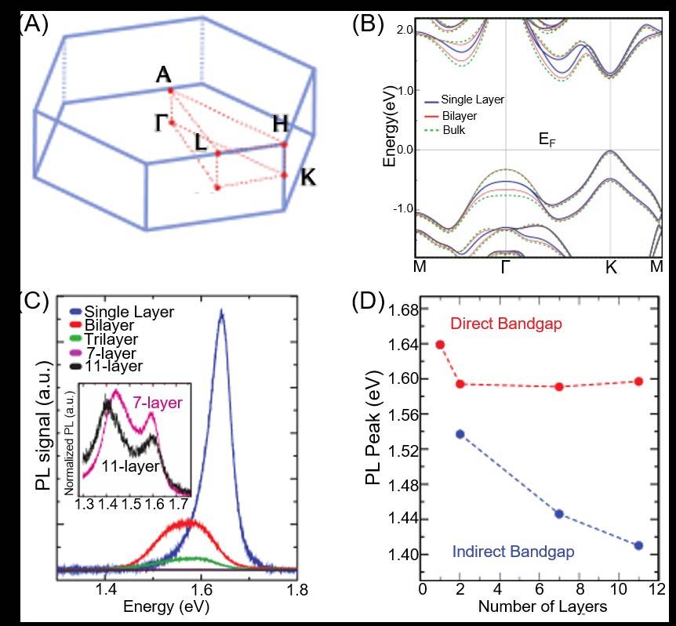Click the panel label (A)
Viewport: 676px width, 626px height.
[x=32, y=23]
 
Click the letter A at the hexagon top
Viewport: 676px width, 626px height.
[x=163, y=75]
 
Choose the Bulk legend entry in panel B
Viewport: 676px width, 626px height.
[x=454, y=129]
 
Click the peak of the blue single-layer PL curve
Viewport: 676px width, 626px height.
[x=222, y=311]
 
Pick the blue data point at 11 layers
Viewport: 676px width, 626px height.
[x=638, y=545]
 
